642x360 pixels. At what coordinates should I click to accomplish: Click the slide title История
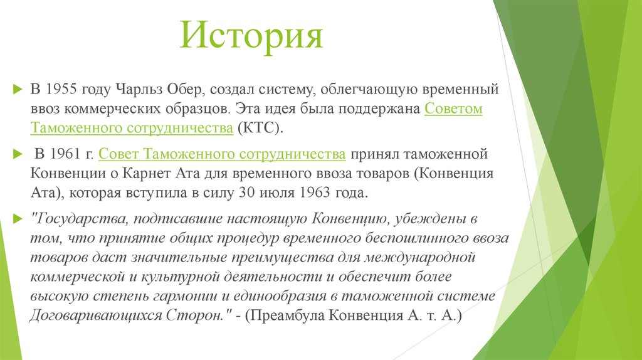click(251, 36)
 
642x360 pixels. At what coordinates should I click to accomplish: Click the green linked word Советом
click(453, 108)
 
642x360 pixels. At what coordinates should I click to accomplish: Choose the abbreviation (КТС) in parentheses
click(260, 128)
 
